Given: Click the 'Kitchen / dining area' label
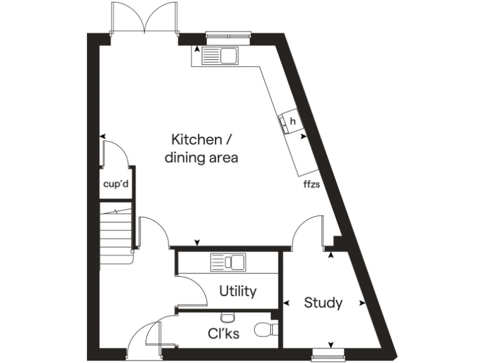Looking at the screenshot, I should pyautogui.click(x=201, y=149).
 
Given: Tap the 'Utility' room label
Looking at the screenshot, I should pyautogui.click(x=238, y=291).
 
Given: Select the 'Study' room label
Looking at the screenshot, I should pyautogui.click(x=323, y=303).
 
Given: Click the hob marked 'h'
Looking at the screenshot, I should pyautogui.click(x=291, y=122).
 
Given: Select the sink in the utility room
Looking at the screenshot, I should pyautogui.click(x=228, y=262).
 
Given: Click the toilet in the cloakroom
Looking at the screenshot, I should pyautogui.click(x=266, y=329).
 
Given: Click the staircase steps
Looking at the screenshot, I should pyautogui.click(x=117, y=233).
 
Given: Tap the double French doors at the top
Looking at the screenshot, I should pyautogui.click(x=143, y=18).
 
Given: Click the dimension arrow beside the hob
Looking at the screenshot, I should pyautogui.click(x=303, y=135).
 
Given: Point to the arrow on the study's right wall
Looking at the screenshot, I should pyautogui.click(x=362, y=303).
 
